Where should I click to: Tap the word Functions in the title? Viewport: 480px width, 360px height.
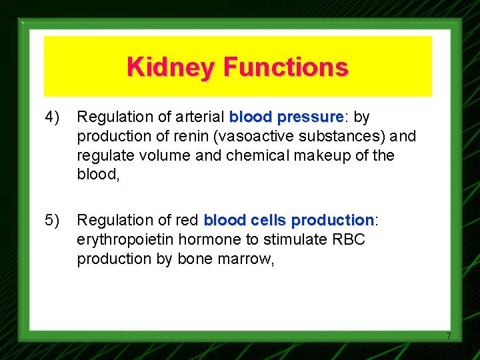[x=285, y=67]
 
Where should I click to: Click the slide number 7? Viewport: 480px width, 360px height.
[x=449, y=336]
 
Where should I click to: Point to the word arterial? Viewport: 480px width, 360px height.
[x=201, y=117]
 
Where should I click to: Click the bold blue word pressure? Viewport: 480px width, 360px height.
[x=311, y=117]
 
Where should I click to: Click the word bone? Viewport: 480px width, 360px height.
[x=193, y=259]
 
